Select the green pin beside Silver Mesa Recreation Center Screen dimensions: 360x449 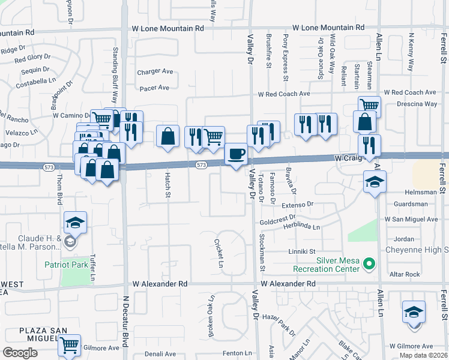[x=370, y=263]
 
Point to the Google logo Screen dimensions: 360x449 [x=20, y=353]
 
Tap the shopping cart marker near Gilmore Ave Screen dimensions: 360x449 [x=70, y=345]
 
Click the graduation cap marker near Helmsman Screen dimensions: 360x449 [x=375, y=182]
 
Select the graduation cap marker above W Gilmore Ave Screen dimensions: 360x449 [x=414, y=313]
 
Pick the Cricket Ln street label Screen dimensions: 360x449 [x=220, y=254]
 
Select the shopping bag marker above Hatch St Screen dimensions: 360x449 [x=168, y=136]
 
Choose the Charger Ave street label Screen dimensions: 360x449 [x=155, y=72]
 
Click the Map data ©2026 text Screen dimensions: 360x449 [x=424, y=355]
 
